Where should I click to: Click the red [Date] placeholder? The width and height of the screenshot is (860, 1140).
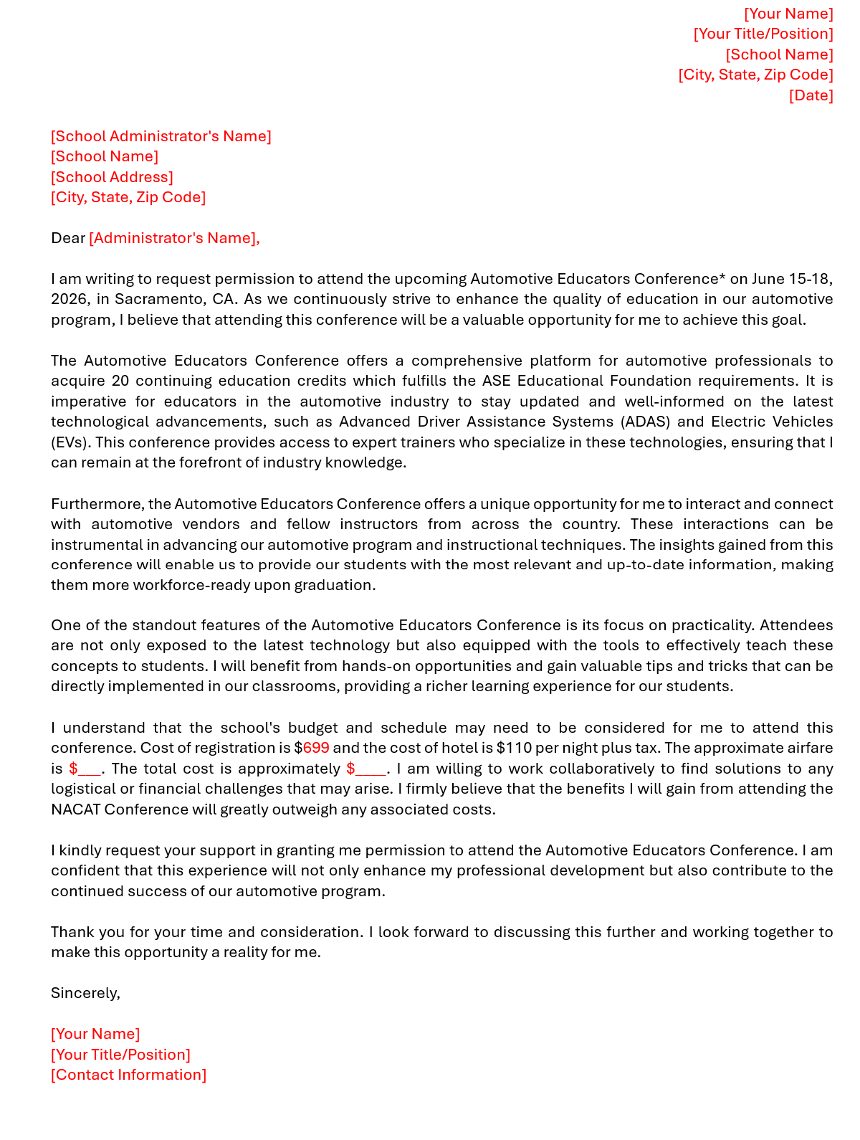[811, 95]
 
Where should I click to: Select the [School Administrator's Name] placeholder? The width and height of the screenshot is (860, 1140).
[161, 136]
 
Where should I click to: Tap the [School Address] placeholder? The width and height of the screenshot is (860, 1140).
[112, 177]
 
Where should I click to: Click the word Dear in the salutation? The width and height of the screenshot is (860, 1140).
[68, 238]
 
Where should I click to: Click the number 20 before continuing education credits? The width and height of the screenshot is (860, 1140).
[120, 381]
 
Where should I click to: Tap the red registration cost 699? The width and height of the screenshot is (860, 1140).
[316, 749]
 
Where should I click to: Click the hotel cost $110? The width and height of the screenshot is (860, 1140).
[514, 749]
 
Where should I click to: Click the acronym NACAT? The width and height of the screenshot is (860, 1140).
[75, 810]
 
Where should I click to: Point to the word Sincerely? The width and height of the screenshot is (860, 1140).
[85, 993]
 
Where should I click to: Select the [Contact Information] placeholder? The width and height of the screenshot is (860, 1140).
[128, 1075]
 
